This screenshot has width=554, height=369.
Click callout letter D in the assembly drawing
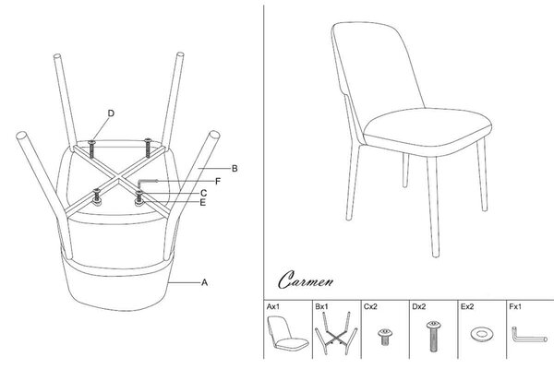[x=111, y=113]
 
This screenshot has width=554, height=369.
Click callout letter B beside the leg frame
[x=235, y=169]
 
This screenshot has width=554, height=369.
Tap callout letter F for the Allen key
[x=218, y=182]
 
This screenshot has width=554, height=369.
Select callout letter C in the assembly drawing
[x=203, y=193]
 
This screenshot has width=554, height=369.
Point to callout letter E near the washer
[x=203, y=202]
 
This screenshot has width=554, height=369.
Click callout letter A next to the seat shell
[x=205, y=282]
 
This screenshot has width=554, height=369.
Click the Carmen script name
[x=306, y=280]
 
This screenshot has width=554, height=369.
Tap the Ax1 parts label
[x=272, y=306]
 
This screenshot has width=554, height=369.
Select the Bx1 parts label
[x=321, y=306]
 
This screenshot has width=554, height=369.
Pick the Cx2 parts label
[x=370, y=306]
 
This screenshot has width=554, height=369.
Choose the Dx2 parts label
[x=418, y=306]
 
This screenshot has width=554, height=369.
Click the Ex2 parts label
[x=467, y=306]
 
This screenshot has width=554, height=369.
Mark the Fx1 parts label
[x=515, y=306]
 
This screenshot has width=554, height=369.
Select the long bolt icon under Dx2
[x=434, y=336]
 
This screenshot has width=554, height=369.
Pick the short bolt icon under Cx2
[x=385, y=336]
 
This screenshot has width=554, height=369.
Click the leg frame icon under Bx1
[x=336, y=333]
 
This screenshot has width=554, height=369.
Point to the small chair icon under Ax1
[x=287, y=333]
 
